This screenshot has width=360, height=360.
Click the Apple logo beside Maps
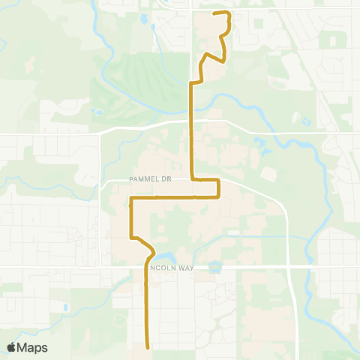pos(12,346)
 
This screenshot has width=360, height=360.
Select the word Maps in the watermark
pos(33,346)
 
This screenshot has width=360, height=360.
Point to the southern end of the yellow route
pos(147,346)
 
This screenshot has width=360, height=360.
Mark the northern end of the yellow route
pos(216,13)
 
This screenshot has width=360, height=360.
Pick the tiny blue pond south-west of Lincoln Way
pos(66,307)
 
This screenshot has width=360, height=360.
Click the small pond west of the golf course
pos(98,113)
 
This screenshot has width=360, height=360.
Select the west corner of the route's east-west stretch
pos(132,198)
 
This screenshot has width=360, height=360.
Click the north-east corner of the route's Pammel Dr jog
pos(218,180)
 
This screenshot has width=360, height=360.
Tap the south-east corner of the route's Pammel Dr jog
pos(218,197)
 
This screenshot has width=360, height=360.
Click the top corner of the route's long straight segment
pos(192,84)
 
